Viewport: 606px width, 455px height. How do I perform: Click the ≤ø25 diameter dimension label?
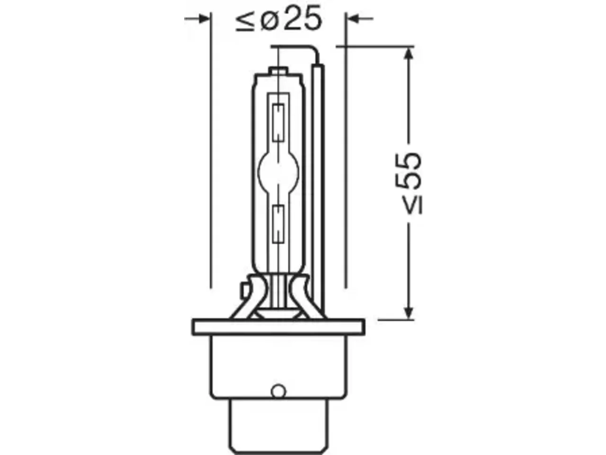pos(278,18)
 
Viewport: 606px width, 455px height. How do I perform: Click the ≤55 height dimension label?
pos(410,183)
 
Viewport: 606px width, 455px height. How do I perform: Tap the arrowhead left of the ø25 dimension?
pos(204,19)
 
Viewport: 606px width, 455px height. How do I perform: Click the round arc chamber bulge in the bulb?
pos(278,172)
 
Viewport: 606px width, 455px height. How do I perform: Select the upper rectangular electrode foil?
pos(278,123)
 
